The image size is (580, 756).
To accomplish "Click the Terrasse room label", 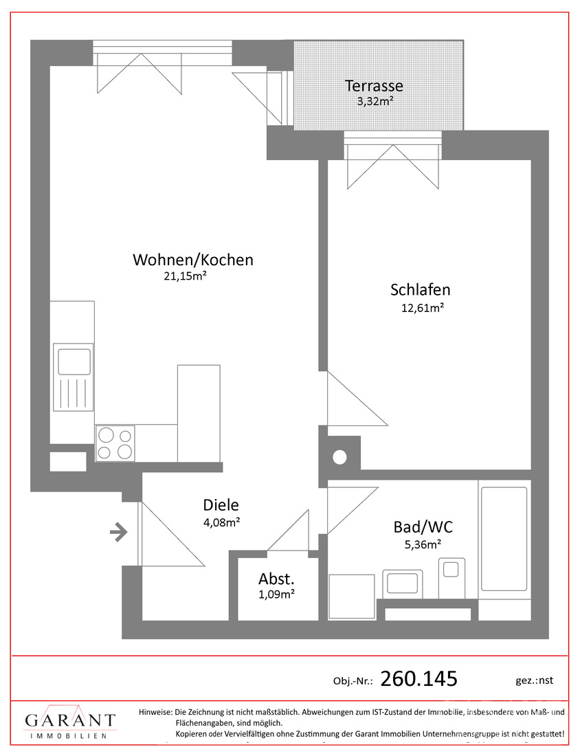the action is click(x=374, y=86).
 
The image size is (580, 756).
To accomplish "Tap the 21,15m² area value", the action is click(x=185, y=276).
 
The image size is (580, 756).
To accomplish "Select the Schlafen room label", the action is click(x=421, y=290).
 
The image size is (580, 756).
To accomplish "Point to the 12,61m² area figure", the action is click(x=423, y=308).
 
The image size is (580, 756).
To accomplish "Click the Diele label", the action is click(x=221, y=505).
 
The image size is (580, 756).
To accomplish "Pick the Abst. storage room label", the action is click(x=276, y=579).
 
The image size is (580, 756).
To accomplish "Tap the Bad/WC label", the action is click(x=423, y=527).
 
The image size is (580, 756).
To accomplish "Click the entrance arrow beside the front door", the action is click(x=119, y=533).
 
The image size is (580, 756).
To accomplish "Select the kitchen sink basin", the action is click(x=74, y=362).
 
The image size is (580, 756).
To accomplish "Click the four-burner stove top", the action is click(x=115, y=443).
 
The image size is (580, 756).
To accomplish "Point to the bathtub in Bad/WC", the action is click(x=504, y=539).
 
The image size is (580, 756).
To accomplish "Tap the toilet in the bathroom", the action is click(x=451, y=578).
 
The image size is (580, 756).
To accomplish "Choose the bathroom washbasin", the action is click(x=403, y=583).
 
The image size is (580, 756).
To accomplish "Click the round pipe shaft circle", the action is click(x=339, y=456).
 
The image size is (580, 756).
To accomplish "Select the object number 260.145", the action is click(x=419, y=679).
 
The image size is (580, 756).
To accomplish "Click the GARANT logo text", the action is click(x=70, y=720).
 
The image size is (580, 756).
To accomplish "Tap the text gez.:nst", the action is click(x=534, y=680).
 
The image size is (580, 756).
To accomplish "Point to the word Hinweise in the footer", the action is click(x=155, y=711).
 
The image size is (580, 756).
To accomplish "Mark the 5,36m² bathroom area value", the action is click(x=423, y=545).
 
